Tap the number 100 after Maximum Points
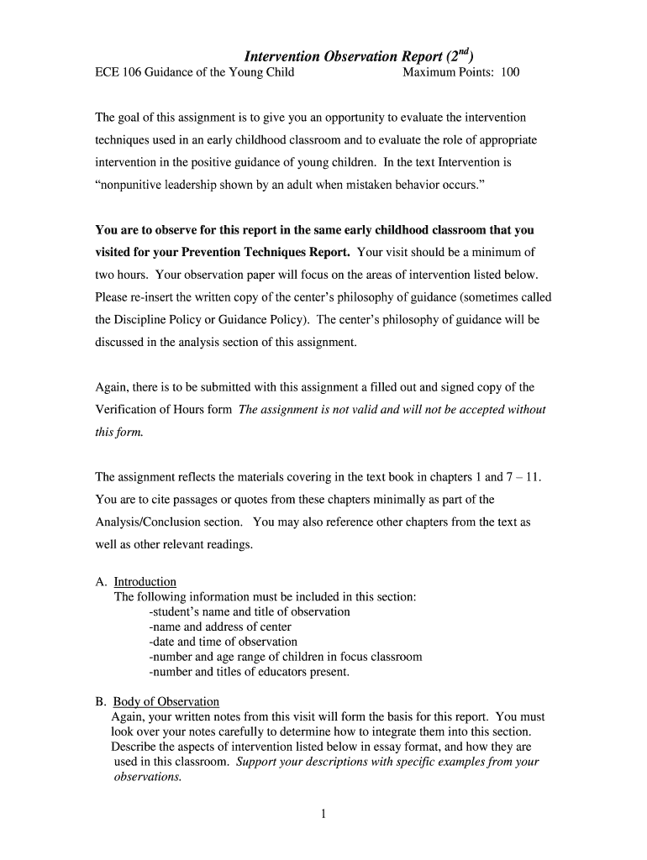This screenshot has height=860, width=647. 510,72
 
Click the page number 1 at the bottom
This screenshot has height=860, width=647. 323,814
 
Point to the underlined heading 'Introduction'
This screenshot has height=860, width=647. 145,581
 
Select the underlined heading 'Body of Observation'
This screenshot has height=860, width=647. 166,701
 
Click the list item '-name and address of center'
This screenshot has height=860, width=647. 219,627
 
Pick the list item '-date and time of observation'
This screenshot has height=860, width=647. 222,642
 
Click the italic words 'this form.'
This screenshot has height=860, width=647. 119,433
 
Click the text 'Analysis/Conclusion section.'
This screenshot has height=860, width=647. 169,522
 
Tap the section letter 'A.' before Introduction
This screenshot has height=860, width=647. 101,581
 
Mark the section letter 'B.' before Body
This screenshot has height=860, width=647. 101,701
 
